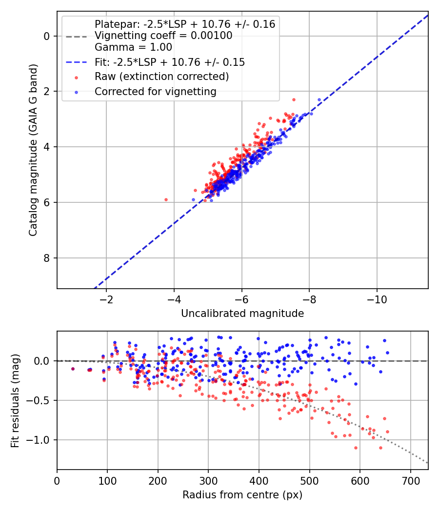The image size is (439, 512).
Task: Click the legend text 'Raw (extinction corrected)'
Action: point(161,77)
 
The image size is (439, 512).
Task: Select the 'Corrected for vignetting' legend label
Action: point(156,92)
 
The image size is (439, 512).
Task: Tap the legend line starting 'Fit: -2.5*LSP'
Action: point(170,62)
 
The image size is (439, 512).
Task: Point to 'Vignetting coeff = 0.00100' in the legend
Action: point(163,36)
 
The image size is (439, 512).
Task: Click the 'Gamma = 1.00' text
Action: point(133,47)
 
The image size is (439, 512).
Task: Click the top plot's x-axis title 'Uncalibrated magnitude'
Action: point(242,314)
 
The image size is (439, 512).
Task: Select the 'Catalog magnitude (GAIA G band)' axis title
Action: point(33,150)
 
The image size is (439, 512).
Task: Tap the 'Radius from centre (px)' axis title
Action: point(242,495)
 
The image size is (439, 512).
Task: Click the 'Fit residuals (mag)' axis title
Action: point(15,401)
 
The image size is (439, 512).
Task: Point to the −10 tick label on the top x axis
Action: point(377,299)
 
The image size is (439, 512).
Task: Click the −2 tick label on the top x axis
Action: point(106,299)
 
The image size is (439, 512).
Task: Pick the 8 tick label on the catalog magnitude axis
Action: point(47,258)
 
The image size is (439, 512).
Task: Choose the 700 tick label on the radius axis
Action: point(410,481)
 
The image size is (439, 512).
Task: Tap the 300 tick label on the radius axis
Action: point(208,481)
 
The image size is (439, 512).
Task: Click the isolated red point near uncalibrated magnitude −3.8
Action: point(166,199)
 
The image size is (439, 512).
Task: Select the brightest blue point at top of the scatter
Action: point(319,99)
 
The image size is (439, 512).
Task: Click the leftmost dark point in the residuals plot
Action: point(73,369)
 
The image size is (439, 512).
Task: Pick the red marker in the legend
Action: point(77,78)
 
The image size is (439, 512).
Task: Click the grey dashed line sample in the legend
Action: point(77,37)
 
